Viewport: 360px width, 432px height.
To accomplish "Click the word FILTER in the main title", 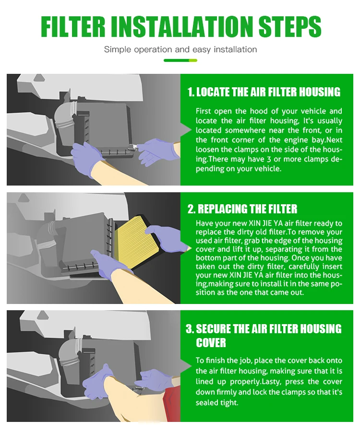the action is (x=73, y=27).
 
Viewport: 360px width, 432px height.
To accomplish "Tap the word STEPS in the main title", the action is (x=290, y=27).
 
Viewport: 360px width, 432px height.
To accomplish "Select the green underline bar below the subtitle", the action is (x=180, y=60).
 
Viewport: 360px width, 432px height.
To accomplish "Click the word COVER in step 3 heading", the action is (x=211, y=343).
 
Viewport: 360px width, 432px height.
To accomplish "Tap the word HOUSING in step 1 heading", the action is (x=320, y=92).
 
